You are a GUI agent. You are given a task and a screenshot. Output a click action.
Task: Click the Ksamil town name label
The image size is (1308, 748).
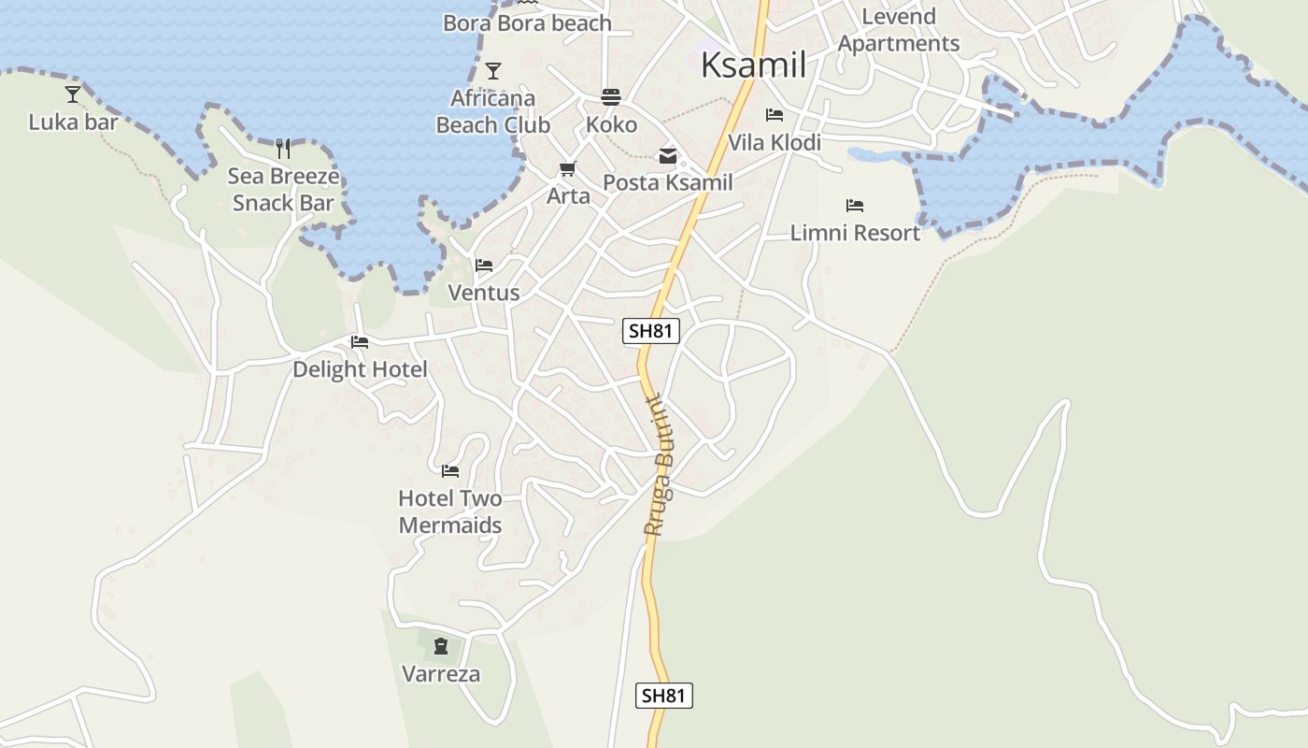753,65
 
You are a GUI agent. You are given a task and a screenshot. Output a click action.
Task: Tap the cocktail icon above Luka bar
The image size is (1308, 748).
73,93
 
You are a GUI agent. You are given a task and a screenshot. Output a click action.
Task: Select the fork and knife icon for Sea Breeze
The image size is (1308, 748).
283,148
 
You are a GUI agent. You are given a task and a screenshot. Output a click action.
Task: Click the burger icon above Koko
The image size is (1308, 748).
611,97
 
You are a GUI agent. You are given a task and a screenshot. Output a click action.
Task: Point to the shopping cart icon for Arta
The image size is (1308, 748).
567,169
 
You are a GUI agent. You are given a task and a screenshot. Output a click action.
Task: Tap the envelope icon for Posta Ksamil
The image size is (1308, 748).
668,156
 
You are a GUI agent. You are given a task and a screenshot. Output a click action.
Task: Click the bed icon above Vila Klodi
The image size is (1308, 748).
774,115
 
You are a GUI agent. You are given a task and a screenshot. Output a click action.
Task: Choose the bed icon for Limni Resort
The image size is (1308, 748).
854,206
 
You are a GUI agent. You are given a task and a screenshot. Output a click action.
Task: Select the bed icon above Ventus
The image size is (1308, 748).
483,266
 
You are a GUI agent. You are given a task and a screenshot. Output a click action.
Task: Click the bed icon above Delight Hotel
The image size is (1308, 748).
359,342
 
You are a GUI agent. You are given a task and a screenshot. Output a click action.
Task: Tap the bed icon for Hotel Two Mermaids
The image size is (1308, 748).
450,470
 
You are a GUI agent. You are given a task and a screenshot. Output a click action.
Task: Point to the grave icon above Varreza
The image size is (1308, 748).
440,645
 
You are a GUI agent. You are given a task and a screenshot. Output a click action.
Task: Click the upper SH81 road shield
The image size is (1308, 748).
650,330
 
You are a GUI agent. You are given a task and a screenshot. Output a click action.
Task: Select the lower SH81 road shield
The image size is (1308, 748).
664,696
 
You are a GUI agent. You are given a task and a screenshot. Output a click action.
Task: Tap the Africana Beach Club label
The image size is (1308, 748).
492,111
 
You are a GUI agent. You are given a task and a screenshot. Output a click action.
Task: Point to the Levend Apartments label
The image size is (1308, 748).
898,30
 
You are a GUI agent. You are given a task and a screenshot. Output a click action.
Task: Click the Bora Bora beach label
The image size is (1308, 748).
527,23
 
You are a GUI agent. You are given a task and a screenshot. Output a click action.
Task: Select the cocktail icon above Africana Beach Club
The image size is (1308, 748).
492,71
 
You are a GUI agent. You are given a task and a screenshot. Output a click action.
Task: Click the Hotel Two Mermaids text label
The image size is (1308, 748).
450,511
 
